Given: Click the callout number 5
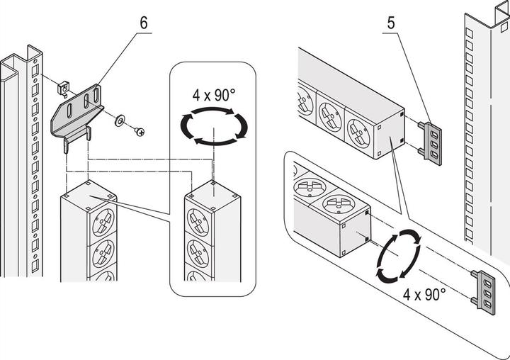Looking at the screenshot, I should coord(390,23).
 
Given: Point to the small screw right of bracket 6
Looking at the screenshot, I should coord(140,131).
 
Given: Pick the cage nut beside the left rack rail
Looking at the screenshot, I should coord(62,87).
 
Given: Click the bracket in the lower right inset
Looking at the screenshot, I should coord(484,290).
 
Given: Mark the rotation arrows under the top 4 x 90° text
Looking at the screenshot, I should coord(213,126).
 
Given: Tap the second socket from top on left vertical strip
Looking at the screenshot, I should coord(103,252).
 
